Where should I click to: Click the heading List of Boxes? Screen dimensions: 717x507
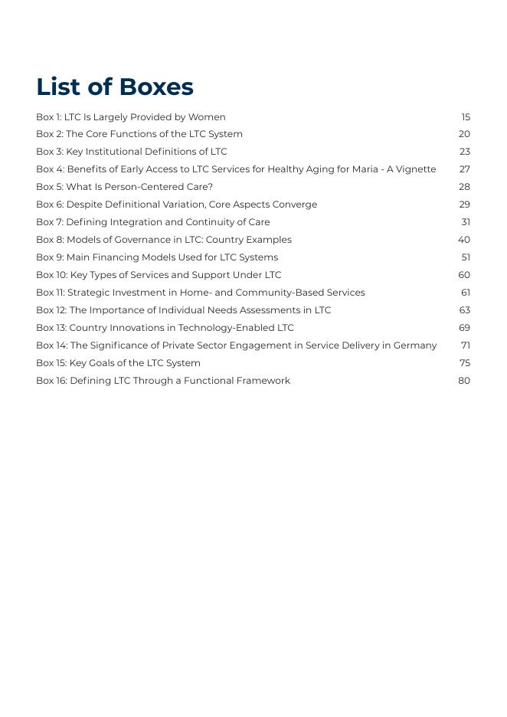coord(115,87)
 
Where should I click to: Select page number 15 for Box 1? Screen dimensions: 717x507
coord(466,117)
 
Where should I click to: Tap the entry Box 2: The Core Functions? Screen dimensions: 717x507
coord(139,134)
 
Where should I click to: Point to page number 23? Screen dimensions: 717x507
coord(465,152)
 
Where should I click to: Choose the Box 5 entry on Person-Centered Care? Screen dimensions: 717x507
coord(124,187)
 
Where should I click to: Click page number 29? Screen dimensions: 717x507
coord(464,205)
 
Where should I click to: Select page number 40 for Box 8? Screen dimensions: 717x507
coord(464,240)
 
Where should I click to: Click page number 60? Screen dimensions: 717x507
coord(464,275)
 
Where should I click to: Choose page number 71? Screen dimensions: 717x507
coord(466,345)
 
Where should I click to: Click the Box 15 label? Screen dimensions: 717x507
coord(51,363)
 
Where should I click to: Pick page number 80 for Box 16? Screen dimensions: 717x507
coord(464,381)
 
